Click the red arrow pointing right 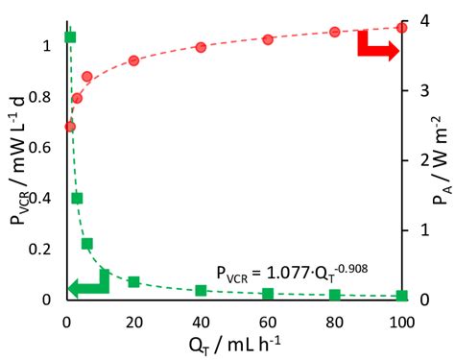tap(377, 48)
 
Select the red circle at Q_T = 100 tap(401, 27)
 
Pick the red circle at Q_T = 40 tap(201, 47)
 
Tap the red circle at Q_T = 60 tap(268, 39)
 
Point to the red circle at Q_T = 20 tap(133, 60)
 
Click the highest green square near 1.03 tap(70, 37)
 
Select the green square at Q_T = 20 tap(133, 282)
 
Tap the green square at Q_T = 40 tap(201, 290)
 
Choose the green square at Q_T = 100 tap(401, 296)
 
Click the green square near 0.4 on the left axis tap(77, 199)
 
